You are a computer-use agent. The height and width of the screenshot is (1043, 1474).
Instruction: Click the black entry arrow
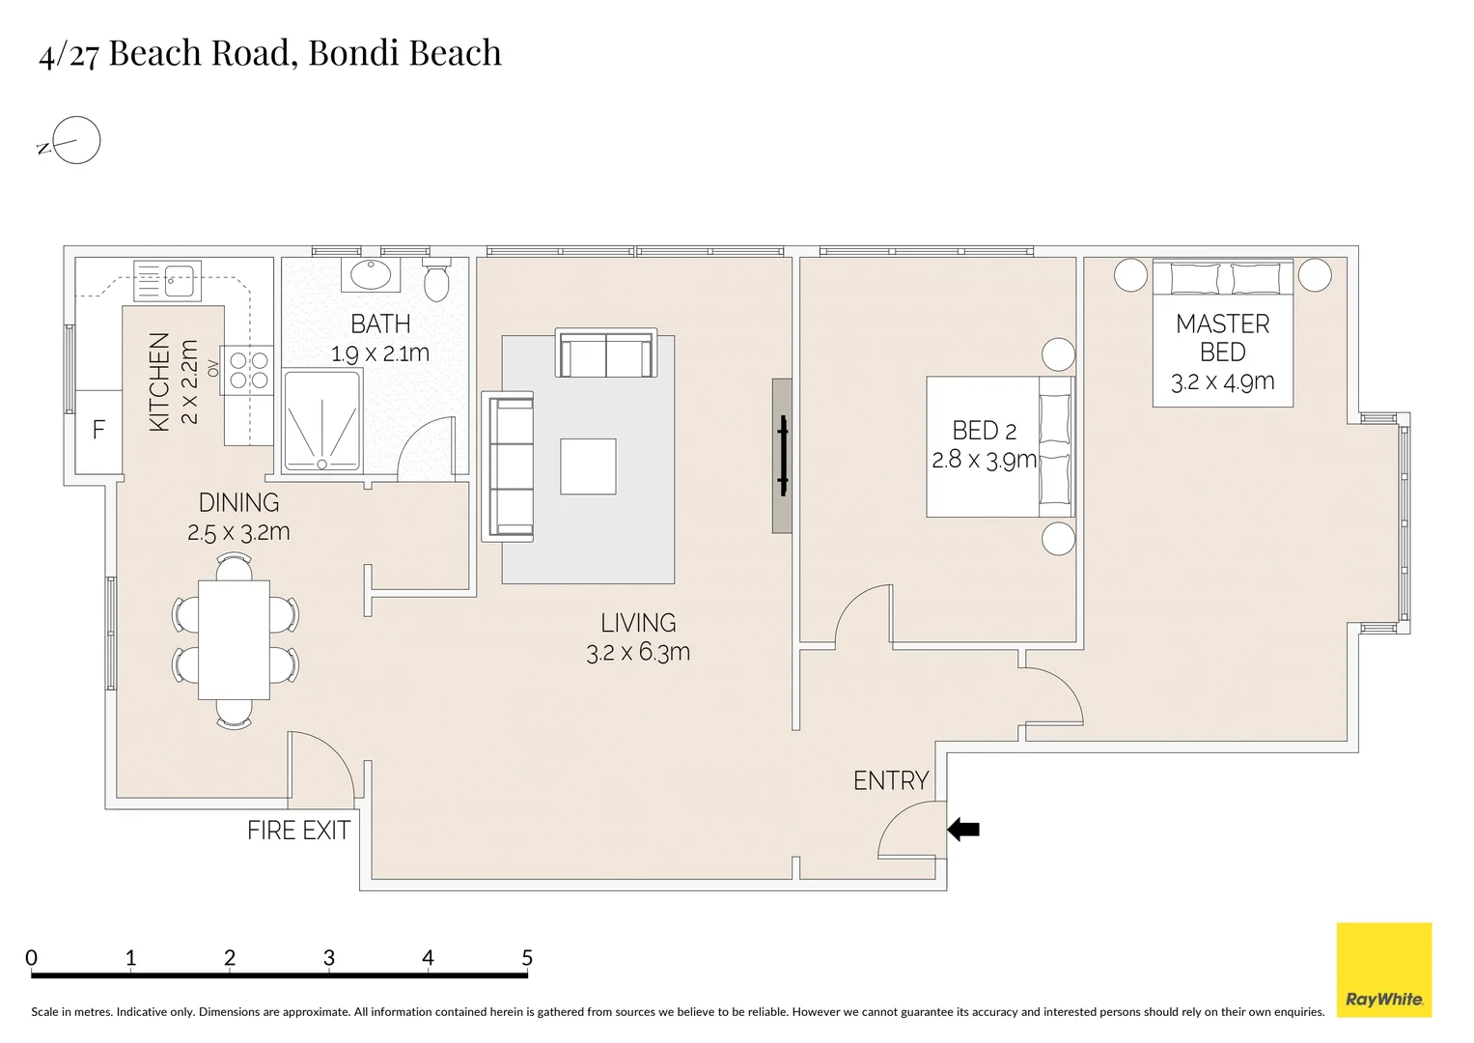[963, 829]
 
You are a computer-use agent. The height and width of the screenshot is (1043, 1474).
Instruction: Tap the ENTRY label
[890, 780]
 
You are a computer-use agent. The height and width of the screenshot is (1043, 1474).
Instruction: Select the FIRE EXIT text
[298, 831]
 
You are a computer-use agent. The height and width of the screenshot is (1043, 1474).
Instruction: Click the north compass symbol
[75, 141]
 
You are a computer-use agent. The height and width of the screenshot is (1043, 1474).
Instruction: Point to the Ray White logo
[1383, 970]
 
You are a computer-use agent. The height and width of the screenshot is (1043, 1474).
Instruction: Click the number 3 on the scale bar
[328, 958]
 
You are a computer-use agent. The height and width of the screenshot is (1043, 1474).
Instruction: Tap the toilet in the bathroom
[437, 279]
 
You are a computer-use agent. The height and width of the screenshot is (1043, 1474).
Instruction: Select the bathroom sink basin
[370, 274]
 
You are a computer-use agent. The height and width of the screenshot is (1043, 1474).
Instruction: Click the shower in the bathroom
[322, 421]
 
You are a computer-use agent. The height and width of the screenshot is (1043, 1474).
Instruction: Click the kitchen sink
[168, 280]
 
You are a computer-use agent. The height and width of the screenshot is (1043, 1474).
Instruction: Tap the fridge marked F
[98, 431]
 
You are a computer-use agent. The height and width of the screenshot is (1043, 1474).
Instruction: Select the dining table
[234, 639]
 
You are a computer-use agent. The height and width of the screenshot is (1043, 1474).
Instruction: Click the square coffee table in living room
[588, 466]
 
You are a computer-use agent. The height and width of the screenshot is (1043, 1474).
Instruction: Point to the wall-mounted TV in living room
[783, 455]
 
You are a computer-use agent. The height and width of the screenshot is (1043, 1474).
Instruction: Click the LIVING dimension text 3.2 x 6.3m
[638, 653]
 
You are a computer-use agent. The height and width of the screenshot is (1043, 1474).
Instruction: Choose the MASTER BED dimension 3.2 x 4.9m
[1222, 382]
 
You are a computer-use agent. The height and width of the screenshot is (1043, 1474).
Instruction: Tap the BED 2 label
[984, 431]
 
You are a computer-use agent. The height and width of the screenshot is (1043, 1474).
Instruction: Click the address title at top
[270, 53]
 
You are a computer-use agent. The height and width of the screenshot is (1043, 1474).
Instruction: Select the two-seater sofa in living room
[605, 353]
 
